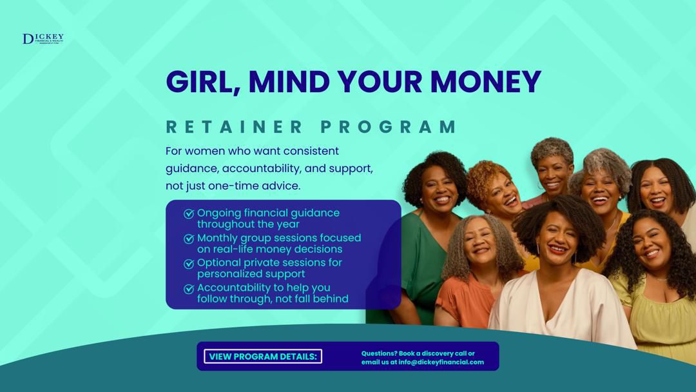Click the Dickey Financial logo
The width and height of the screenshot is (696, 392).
pyautogui.click(x=43, y=39)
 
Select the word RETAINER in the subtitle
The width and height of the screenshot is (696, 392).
pyautogui.click(x=235, y=126)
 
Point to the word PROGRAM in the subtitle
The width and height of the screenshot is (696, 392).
pyautogui.click(x=389, y=126)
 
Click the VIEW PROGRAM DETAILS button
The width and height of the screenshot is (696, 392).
pyautogui.click(x=263, y=357)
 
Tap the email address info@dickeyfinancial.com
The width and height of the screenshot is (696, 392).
pyautogui.click(x=441, y=362)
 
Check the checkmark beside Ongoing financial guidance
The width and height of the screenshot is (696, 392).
pyautogui.click(x=189, y=213)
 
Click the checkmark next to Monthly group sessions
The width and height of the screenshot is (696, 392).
pyautogui.click(x=189, y=239)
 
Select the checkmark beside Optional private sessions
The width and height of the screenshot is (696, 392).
pyautogui.click(x=189, y=264)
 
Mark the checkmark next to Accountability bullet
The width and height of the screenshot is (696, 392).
pyautogui.click(x=189, y=289)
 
